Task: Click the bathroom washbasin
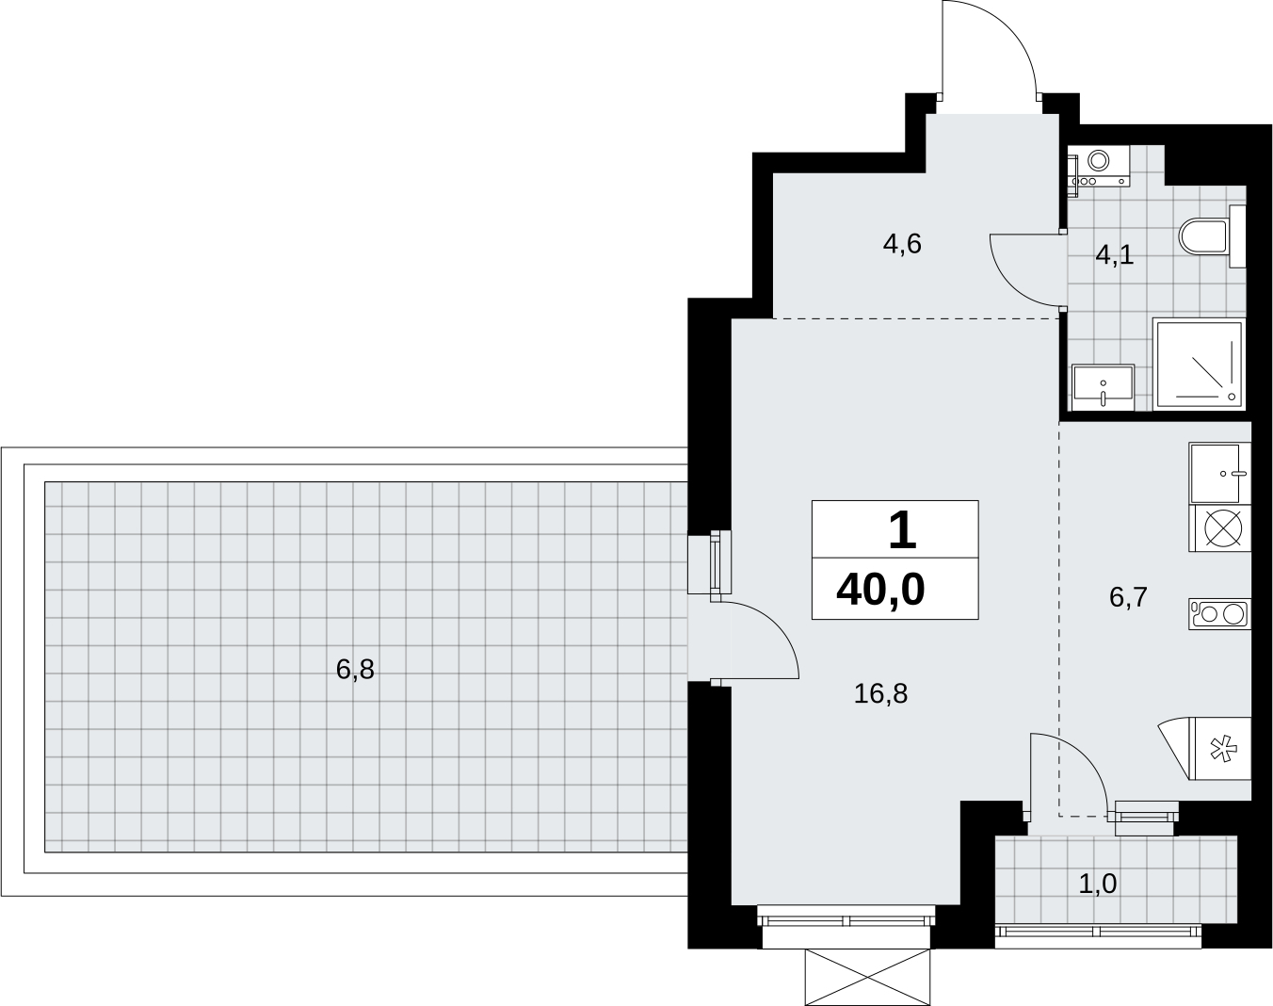(1103, 387)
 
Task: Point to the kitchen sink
(1219, 473)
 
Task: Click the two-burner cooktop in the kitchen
(1219, 613)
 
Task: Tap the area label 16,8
(880, 693)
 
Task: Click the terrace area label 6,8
(355, 670)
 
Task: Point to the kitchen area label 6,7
(1128, 597)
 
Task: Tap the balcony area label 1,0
(1098, 901)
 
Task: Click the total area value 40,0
(880, 591)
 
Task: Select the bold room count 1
(903, 531)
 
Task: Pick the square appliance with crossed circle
(1219, 527)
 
